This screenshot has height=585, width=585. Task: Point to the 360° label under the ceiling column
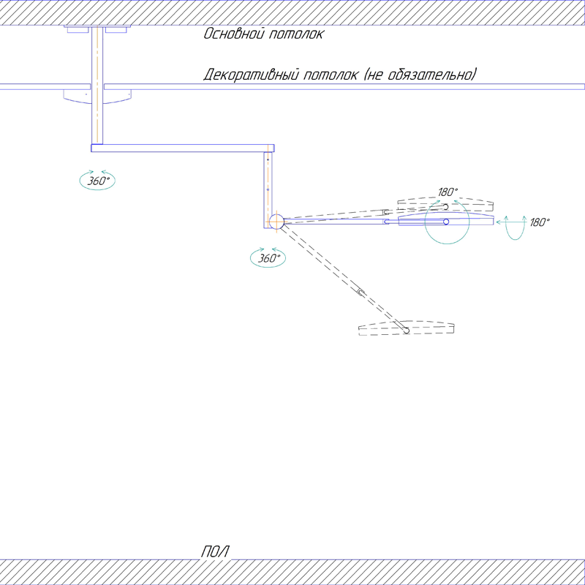(98, 181)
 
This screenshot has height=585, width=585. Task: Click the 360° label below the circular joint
(267, 258)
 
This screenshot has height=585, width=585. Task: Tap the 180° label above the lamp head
(448, 192)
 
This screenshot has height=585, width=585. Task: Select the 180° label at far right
(540, 222)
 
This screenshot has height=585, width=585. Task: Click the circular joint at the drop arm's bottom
(276, 222)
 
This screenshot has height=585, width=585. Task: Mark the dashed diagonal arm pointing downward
(344, 277)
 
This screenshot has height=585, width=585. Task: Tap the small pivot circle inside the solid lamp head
(446, 222)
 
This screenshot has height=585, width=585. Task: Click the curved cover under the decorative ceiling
(97, 95)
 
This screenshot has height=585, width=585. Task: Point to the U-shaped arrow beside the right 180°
(516, 228)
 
